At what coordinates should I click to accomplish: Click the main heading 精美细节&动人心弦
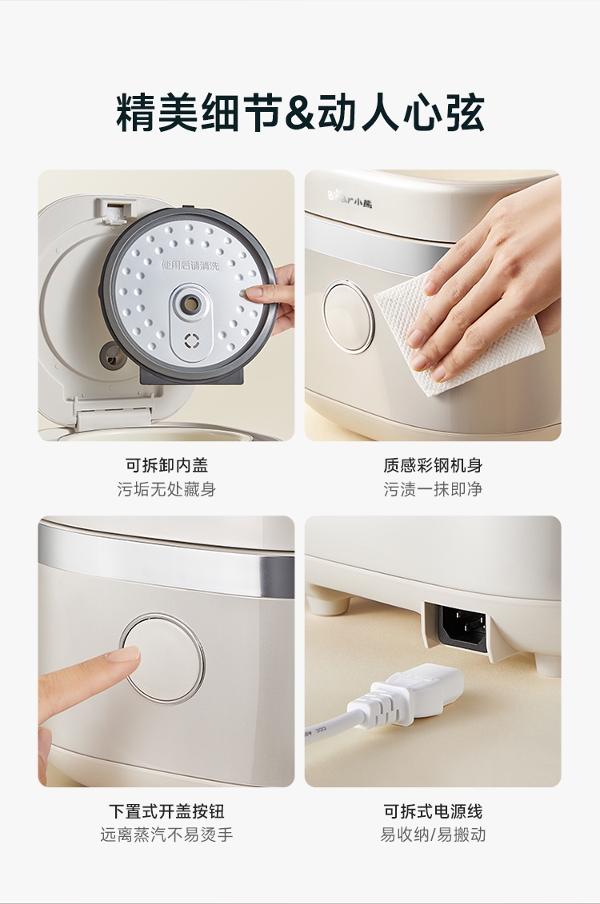click(x=300, y=112)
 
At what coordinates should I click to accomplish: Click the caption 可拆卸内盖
click(x=166, y=465)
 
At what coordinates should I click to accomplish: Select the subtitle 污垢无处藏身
click(x=166, y=489)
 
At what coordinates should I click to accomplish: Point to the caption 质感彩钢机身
click(x=433, y=465)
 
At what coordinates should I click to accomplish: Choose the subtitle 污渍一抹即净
click(x=433, y=489)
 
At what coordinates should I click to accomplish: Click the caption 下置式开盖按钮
click(x=166, y=811)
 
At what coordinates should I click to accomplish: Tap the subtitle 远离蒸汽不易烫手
click(x=166, y=834)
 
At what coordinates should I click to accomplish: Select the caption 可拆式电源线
click(x=433, y=811)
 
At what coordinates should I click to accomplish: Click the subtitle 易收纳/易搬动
click(x=433, y=834)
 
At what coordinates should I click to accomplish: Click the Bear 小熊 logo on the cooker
click(x=350, y=200)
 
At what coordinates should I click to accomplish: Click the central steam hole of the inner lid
click(x=189, y=301)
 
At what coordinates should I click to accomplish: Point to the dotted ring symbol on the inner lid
click(x=191, y=340)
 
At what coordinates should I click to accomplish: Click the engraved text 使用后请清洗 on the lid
click(x=190, y=266)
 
